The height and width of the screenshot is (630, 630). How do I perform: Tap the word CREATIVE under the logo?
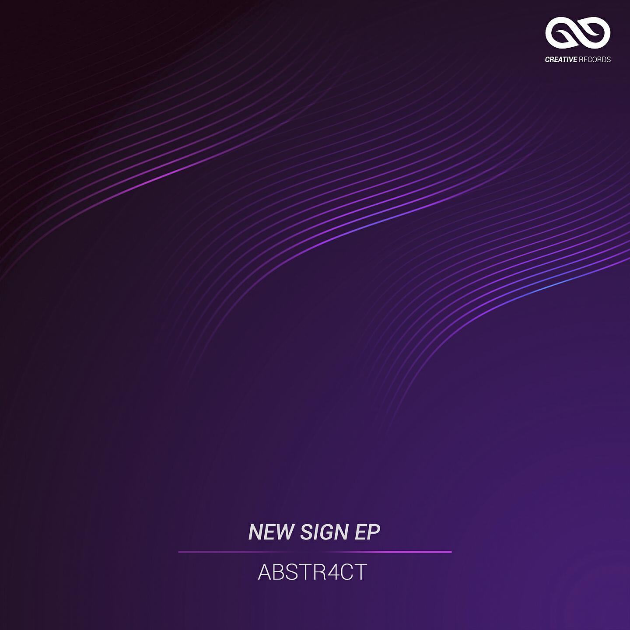(561, 59)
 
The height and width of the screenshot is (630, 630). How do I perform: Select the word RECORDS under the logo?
(595, 59)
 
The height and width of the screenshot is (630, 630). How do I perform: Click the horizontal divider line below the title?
(315, 552)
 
